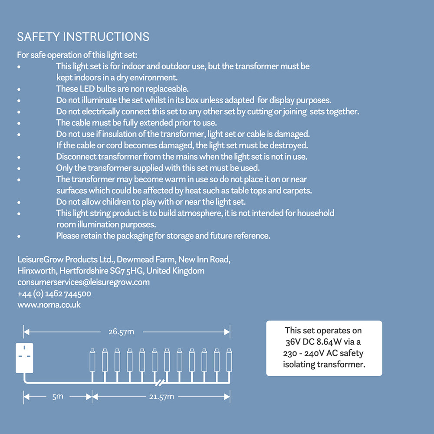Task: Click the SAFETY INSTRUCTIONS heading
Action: pyautogui.click(x=83, y=37)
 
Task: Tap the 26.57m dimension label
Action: pyautogui.click(x=121, y=332)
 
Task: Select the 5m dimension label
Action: pyautogui.click(x=58, y=397)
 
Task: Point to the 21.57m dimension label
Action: pyautogui.click(x=161, y=397)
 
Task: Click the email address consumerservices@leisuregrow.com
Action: pyautogui.click(x=83, y=282)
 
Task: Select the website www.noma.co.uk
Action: pyautogui.click(x=49, y=305)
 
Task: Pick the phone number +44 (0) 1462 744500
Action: pyautogui.click(x=54, y=293)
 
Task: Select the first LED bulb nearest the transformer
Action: pyautogui.click(x=92, y=360)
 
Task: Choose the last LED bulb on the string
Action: pyautogui.click(x=229, y=360)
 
